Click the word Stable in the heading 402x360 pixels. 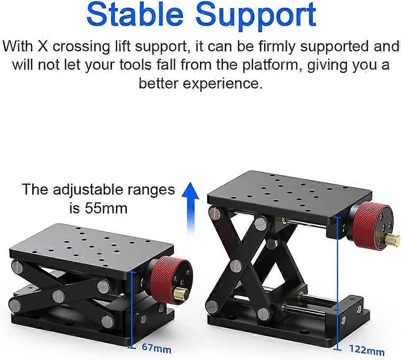click(x=135, y=15)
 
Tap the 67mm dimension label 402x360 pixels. click(x=156, y=349)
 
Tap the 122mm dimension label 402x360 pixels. click(x=367, y=350)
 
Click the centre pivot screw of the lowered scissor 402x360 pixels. click(x=59, y=296)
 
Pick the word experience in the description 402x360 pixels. click(x=223, y=83)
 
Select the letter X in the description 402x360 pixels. click(x=43, y=46)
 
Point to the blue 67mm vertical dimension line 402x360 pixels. click(x=132, y=309)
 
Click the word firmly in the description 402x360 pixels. click(x=276, y=47)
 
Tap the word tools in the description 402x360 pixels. click(x=135, y=66)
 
